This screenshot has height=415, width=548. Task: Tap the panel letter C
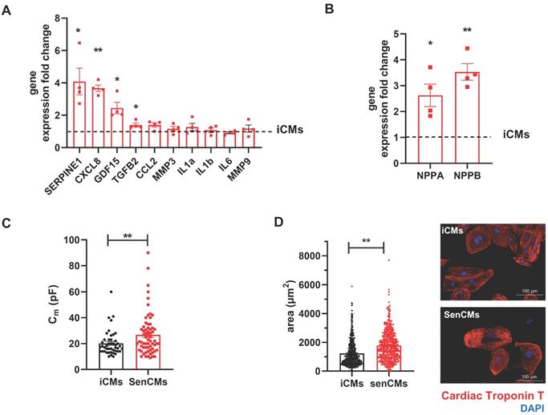coord(7,224)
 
